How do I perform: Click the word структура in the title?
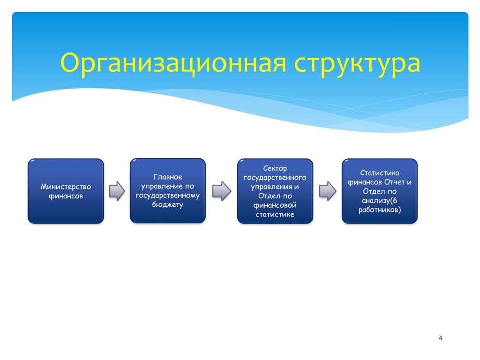pos(357,64)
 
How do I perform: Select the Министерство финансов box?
pos(66,191)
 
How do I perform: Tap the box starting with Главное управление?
pos(168,190)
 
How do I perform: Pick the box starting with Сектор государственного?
pos(275,191)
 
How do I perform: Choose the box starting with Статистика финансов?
pos(380,191)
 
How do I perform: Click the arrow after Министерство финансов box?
pos(117,191)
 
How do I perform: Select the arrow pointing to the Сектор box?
pos(222,191)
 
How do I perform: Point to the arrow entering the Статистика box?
pos(328,191)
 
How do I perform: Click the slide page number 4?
pos(440,338)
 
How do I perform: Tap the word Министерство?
pos(66,187)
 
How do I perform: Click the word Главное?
pos(168,177)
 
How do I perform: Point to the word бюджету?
pos(168,204)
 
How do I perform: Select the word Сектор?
pos(275,168)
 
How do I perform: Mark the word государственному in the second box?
pos(168,195)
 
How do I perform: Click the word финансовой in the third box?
pos(275,205)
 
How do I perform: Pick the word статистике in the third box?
pos(275,214)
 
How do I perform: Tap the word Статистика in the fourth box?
pos(380,173)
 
